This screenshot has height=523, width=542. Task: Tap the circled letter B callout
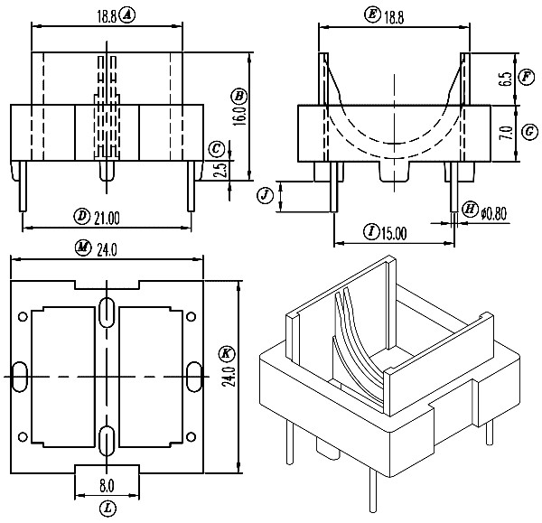(238, 96)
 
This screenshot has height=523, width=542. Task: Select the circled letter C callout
(215, 149)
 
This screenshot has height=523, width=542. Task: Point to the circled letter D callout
(80, 216)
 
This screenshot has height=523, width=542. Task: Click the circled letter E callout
(372, 14)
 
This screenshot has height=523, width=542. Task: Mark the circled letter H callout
(470, 211)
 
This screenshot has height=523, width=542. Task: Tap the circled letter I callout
(371, 232)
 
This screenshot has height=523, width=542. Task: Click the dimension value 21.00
(107, 216)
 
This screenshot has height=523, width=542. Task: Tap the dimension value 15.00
(393, 233)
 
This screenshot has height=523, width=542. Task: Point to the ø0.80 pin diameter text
(496, 212)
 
